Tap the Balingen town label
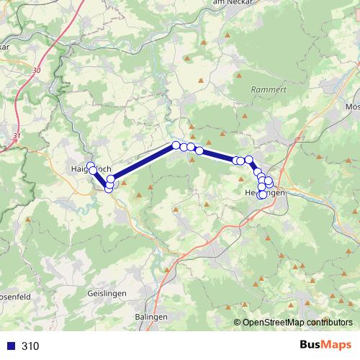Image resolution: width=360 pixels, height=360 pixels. tap(151, 317)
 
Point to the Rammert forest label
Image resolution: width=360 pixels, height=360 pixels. tap(264, 89)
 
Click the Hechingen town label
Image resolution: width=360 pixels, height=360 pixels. tap(265, 194)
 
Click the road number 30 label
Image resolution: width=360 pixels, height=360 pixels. tap(37, 71)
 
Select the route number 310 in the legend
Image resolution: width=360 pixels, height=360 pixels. tap(30, 346)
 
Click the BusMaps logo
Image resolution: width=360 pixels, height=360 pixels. tap(325, 346)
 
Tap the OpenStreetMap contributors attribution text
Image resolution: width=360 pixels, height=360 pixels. tap(297, 323)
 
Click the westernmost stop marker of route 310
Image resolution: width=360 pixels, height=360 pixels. tap(90, 167)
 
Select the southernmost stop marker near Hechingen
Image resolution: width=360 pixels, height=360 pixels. tap(262, 195)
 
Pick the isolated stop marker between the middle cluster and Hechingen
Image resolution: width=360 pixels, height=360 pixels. tap(199, 150)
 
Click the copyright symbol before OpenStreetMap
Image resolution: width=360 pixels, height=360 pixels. tap(238, 323)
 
